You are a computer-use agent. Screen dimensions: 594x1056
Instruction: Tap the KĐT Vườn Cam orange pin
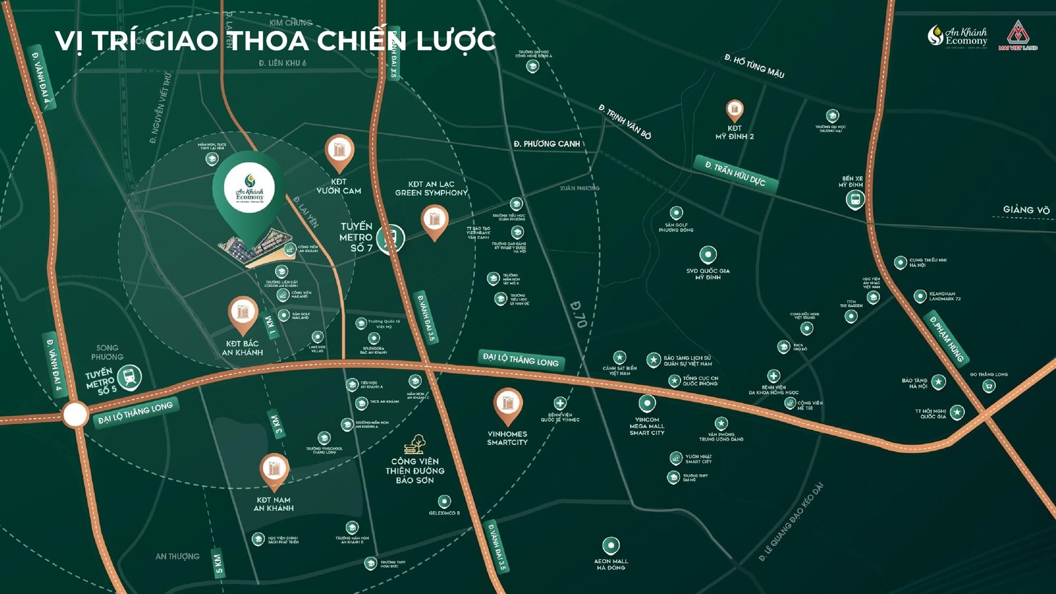point(339,150)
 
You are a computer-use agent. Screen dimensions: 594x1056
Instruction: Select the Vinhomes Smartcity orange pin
point(507,404)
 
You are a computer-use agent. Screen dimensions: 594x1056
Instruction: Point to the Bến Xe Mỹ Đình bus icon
point(855,200)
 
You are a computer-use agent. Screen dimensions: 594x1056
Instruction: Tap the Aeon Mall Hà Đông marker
point(611,545)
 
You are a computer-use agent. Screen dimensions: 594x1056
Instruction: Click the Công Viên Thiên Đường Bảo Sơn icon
point(415,445)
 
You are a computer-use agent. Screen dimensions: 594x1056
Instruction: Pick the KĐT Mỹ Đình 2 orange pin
point(734,110)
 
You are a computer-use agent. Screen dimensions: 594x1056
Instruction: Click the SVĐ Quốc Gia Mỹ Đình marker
point(708,254)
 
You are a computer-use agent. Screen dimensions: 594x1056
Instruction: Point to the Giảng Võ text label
point(1026,210)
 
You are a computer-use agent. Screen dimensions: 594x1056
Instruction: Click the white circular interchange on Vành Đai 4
point(76,414)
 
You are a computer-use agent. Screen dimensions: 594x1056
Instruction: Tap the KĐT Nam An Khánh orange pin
point(274,468)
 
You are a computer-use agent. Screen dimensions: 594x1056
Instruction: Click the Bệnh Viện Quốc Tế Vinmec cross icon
point(560,403)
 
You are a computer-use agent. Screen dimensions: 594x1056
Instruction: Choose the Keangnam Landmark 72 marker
point(920,296)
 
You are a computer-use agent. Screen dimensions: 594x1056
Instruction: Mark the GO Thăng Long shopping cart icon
point(988,386)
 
